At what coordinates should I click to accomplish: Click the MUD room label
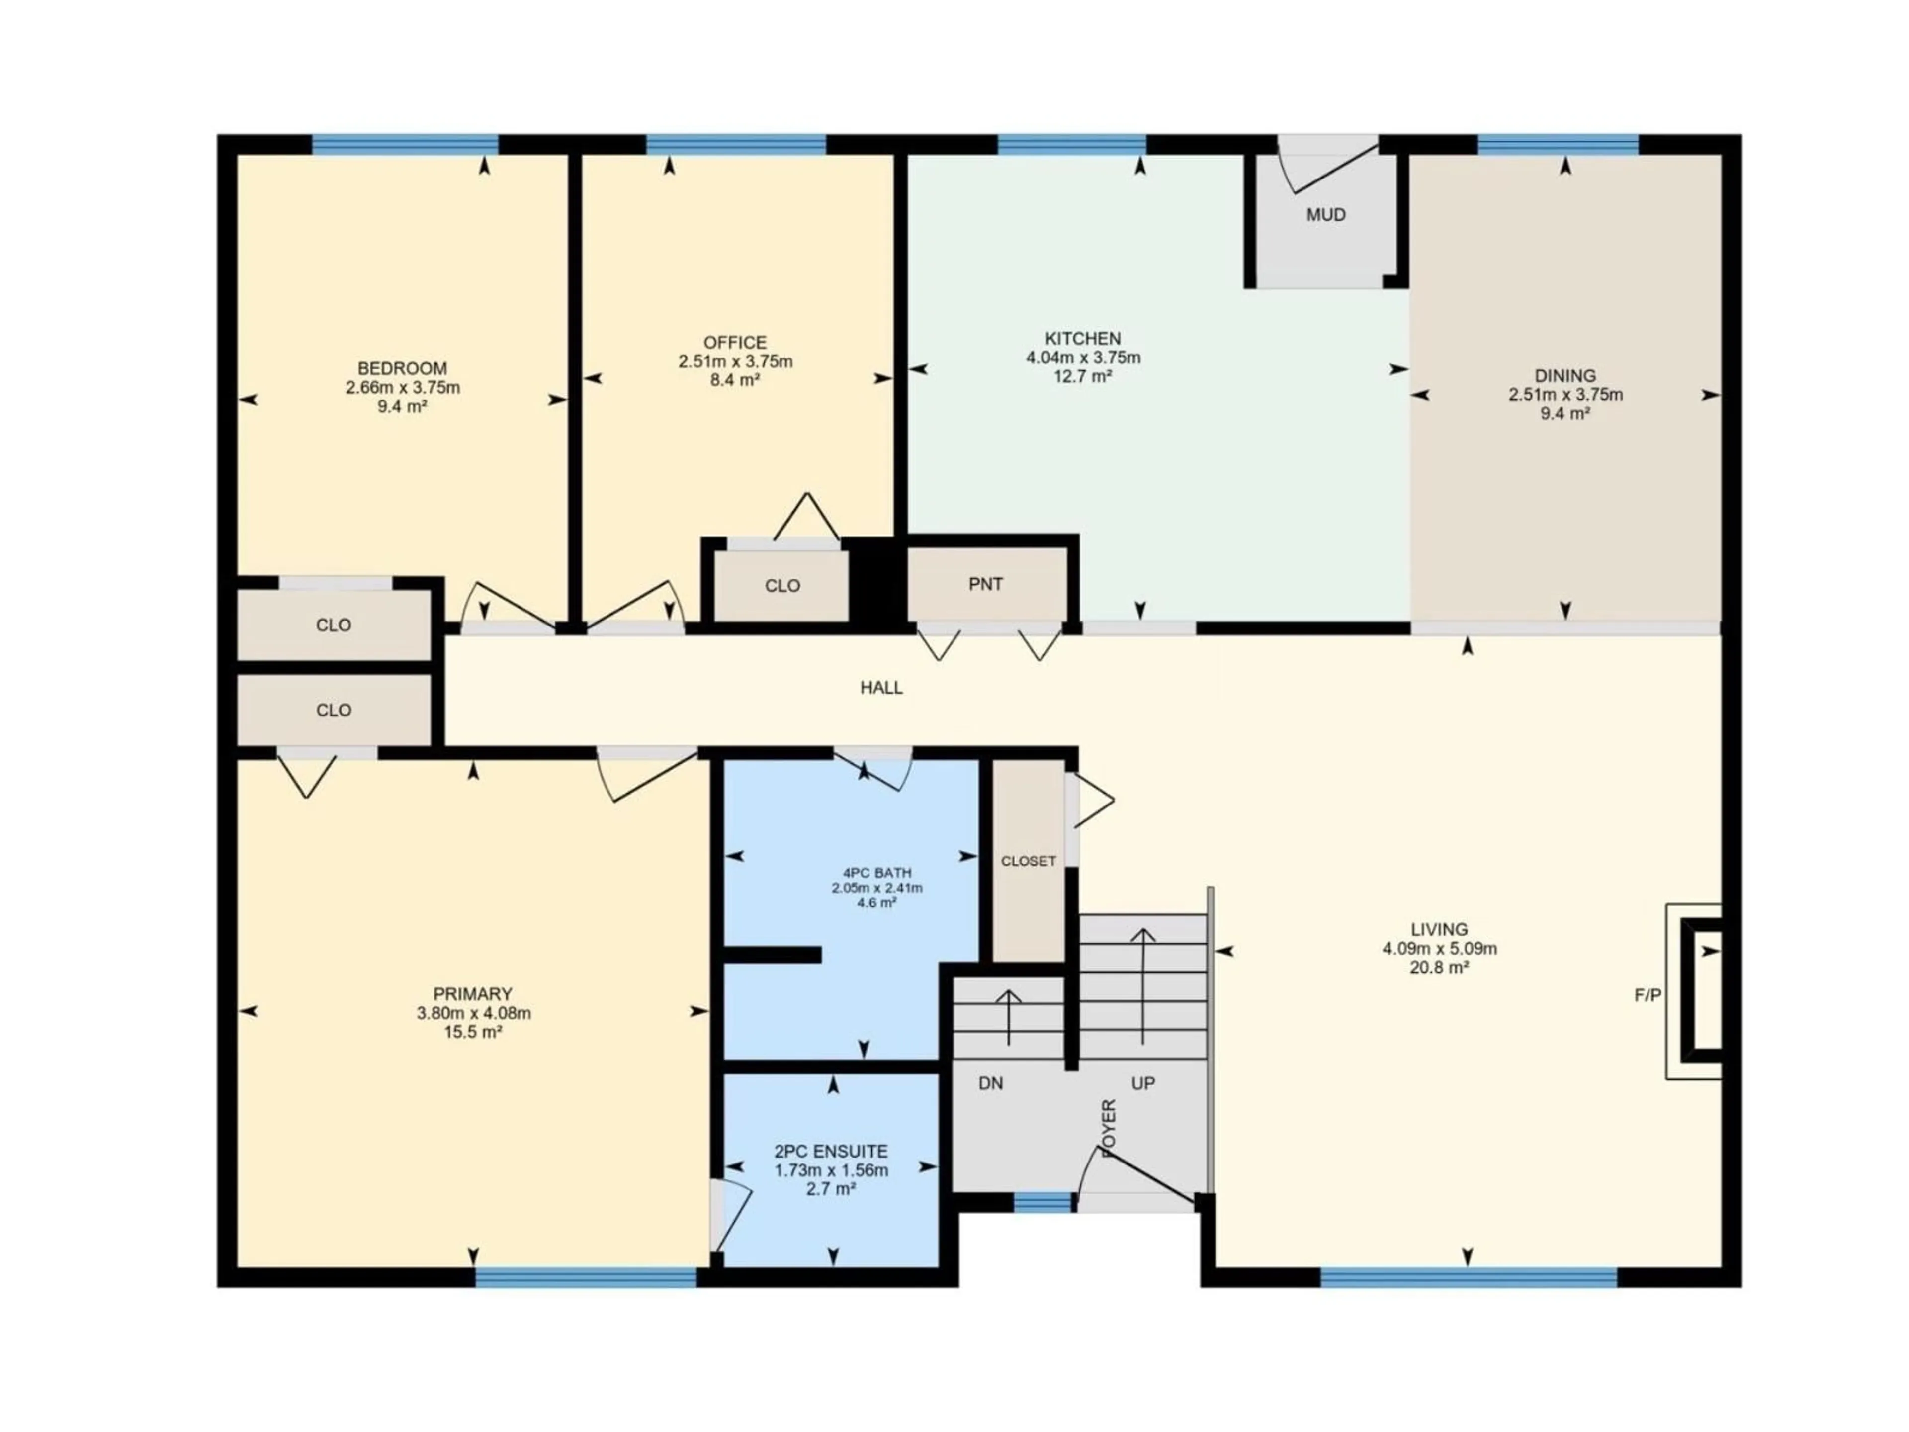click(x=1325, y=215)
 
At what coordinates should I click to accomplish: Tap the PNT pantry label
click(x=985, y=584)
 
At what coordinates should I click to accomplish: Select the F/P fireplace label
click(x=1648, y=995)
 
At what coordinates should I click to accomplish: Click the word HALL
click(x=881, y=688)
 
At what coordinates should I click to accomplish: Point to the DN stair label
click(x=991, y=1083)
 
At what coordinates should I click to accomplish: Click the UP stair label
click(x=1142, y=1083)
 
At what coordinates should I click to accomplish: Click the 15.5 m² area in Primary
click(x=473, y=1032)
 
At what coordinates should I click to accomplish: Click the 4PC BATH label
click(x=877, y=873)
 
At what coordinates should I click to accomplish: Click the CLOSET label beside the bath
click(x=1028, y=862)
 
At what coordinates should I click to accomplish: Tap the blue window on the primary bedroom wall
click(x=586, y=1277)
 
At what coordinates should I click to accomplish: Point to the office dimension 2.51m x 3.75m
click(x=735, y=361)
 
